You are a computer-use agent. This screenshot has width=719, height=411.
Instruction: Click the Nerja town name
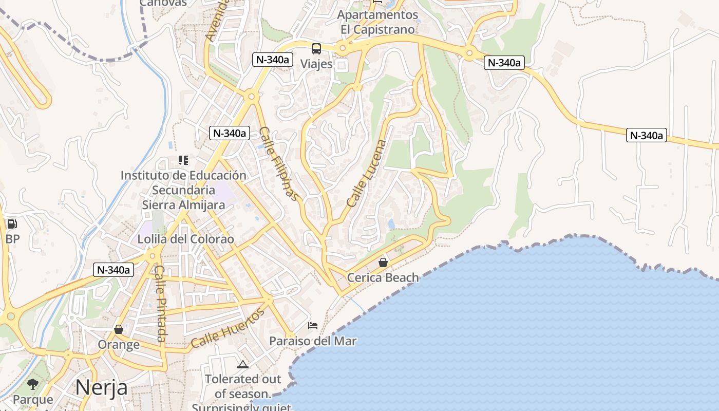pos(101,387)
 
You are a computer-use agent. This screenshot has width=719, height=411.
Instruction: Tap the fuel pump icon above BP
pos(12,224)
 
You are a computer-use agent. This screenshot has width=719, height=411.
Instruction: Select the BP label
pos(12,239)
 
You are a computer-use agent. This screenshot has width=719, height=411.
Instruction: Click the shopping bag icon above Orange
pos(119,329)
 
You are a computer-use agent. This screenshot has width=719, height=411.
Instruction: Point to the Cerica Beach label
pos(383,278)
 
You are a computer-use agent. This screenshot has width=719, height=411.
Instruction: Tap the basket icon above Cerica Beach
pos(383,263)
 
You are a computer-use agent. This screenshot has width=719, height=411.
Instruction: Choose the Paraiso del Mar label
pos(313,341)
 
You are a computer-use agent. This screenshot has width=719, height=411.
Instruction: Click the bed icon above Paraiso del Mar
pos(313,325)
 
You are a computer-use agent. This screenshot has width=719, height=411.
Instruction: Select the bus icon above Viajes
pos(316,49)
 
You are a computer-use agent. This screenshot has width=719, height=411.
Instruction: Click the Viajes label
pos(316,64)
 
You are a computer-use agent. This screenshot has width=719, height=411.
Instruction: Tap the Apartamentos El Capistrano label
pos(377,22)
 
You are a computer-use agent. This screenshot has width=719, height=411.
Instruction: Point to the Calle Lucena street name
pos(366,174)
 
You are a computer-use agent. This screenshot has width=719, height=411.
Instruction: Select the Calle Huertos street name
pos(228,328)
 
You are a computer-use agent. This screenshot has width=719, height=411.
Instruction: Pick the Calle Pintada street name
pos(160,304)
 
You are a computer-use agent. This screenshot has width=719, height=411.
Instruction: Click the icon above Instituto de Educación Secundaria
pos(183,160)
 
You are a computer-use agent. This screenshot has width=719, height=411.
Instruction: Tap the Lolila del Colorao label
pos(185,239)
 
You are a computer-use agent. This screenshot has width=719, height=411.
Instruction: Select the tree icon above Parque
pos(33,384)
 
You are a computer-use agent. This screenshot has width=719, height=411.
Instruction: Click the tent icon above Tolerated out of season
pos(243,364)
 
